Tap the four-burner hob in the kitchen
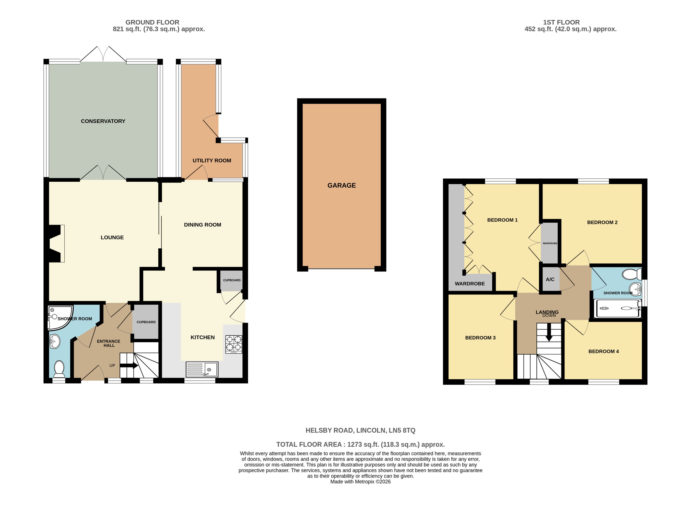point(234,344)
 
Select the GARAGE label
point(341,185)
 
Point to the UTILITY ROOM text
point(212,161)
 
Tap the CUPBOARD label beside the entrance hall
point(146,322)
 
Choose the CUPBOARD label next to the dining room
point(231,280)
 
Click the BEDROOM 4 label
point(603,351)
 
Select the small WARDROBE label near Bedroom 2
point(550,243)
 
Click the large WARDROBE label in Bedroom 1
point(469,283)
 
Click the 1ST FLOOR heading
point(561,22)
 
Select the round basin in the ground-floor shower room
point(55,341)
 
